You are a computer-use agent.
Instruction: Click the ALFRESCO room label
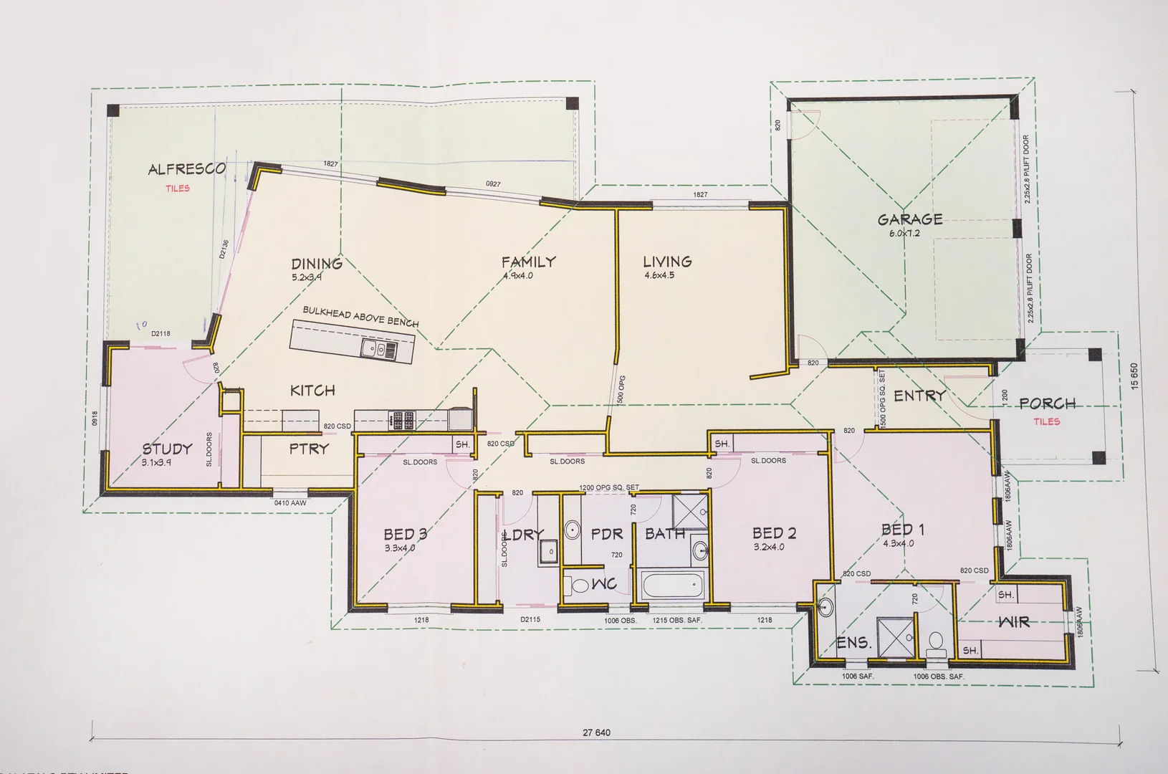pyautogui.click(x=186, y=170)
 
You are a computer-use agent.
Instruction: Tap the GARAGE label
pyautogui.click(x=909, y=219)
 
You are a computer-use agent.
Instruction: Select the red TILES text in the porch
pyautogui.click(x=1046, y=421)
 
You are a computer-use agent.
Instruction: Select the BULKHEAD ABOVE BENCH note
pyautogui.click(x=360, y=317)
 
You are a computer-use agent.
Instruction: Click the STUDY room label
pyautogui.click(x=167, y=449)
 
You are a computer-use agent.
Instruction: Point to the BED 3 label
pyautogui.click(x=405, y=534)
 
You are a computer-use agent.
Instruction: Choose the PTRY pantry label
pyautogui.click(x=309, y=449)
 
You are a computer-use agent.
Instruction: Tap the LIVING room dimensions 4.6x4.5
pyautogui.click(x=659, y=275)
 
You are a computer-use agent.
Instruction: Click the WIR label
pyautogui.click(x=1014, y=621)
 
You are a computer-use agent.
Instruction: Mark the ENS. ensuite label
pyautogui.click(x=853, y=643)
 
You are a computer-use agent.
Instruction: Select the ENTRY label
pyautogui.click(x=919, y=396)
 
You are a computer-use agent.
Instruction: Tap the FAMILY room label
pyautogui.click(x=528, y=262)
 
